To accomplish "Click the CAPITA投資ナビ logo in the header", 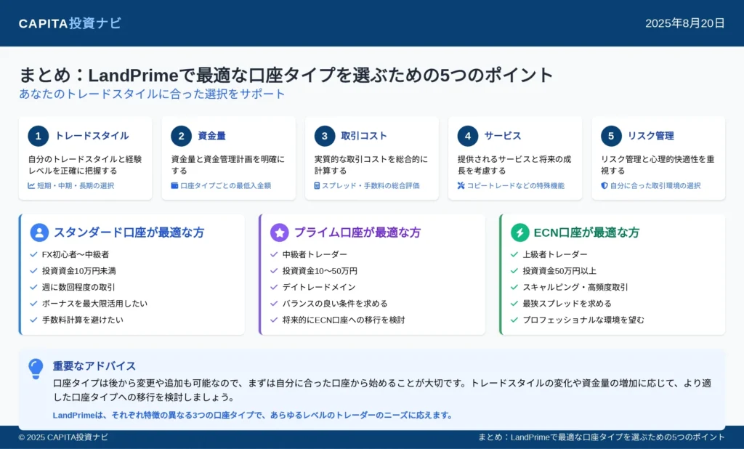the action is (70, 23).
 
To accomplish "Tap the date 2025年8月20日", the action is (684, 23).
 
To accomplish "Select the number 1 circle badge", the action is (39, 136).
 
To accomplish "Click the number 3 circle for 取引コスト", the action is (325, 136).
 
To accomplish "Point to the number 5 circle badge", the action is (611, 136).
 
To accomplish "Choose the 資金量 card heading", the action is (211, 136).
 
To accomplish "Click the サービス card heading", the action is (503, 136).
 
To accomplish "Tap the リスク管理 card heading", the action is (650, 136).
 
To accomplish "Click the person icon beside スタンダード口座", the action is (39, 232).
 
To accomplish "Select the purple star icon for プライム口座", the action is (280, 232).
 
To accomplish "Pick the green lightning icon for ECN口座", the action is (520, 232).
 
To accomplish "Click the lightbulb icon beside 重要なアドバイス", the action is (36, 369).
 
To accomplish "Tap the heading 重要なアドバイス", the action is (94, 366).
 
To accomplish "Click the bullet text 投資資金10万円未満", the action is (78, 271).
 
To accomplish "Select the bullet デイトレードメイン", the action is (319, 287).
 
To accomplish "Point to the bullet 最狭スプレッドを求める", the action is (567, 304).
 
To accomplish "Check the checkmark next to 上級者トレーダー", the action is (514, 254).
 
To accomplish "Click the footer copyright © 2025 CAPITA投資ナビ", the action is (63, 437).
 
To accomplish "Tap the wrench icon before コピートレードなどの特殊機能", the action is (461, 185).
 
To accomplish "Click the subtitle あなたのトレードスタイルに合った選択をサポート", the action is (152, 94).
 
